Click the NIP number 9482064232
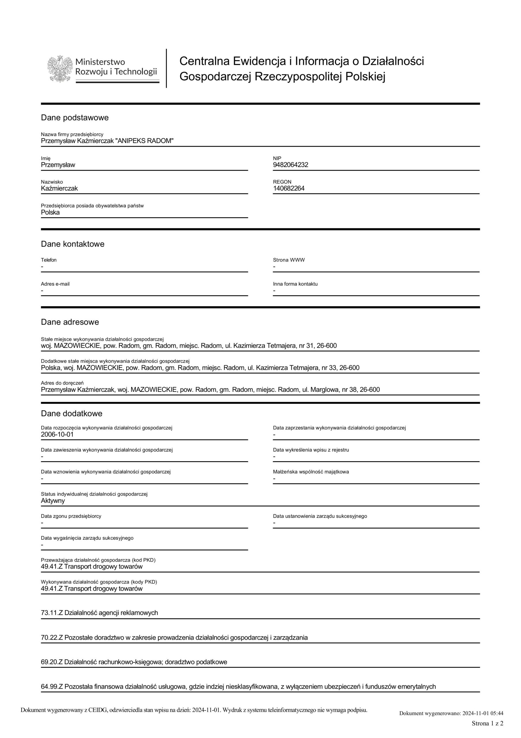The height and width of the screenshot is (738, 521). click(290, 165)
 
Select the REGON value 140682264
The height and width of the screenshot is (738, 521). click(289, 188)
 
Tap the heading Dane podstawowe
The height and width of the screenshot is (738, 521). click(75, 118)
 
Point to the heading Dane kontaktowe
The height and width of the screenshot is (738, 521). click(73, 244)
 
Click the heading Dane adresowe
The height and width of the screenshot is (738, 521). click(70, 322)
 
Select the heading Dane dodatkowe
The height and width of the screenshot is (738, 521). click(71, 413)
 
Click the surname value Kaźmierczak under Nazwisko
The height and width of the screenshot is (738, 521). click(59, 188)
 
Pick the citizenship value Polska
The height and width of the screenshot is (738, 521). click(50, 212)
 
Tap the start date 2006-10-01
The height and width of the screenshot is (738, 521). click(57, 434)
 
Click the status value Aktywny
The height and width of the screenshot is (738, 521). click(53, 500)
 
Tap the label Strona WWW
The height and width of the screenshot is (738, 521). click(289, 260)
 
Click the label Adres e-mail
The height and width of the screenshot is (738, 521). click(55, 284)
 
